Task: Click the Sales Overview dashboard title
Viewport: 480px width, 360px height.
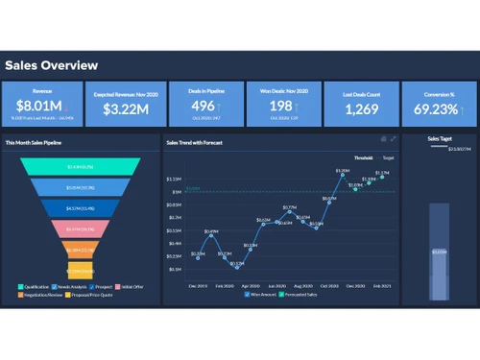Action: coord(51,66)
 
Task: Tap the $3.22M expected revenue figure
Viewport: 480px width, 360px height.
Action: coord(120,108)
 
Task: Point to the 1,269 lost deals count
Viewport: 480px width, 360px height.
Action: coord(361,108)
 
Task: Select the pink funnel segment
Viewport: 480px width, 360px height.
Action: coord(81,229)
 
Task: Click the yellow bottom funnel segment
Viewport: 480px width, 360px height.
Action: coord(81,270)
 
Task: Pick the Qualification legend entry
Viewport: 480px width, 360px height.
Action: coord(36,286)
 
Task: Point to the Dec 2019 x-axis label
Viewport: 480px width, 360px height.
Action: coord(198,285)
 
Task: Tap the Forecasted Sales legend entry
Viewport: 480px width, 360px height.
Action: coord(299,294)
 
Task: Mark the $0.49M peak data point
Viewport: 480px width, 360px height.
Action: coord(211,235)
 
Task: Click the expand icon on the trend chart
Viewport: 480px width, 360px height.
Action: coord(393,139)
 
